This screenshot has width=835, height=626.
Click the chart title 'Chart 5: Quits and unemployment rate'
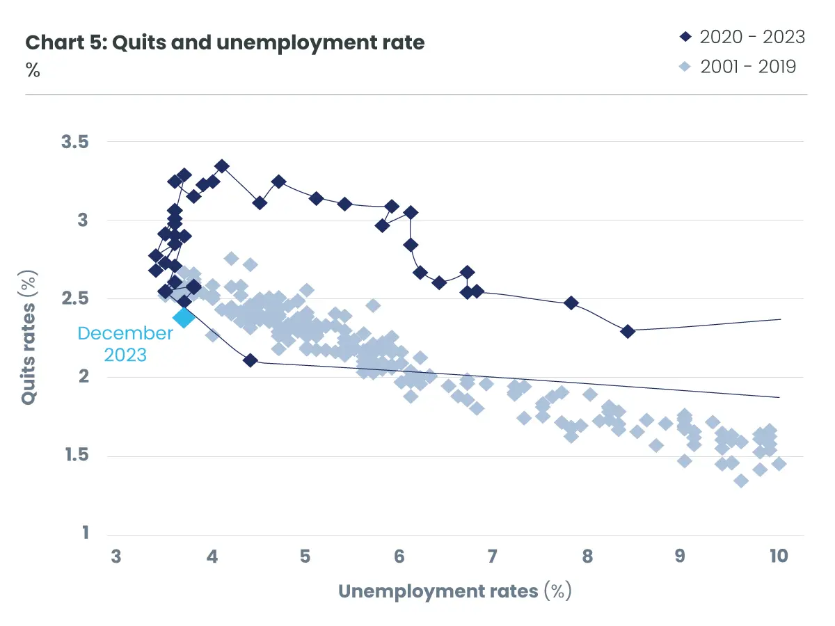tap(225, 42)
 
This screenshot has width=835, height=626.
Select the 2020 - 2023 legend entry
tap(742, 36)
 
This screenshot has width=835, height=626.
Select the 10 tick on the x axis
tap(778, 556)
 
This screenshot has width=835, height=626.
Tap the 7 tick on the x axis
tap(492, 556)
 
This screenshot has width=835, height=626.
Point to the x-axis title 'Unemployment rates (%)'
tap(454, 591)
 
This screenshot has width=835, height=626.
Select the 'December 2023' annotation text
tap(125, 344)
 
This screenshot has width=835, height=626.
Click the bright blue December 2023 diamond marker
tap(184, 318)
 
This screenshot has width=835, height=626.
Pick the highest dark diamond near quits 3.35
tap(222, 166)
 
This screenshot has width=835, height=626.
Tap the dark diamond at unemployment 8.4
tap(628, 331)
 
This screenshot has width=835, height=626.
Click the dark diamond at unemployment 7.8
tap(571, 303)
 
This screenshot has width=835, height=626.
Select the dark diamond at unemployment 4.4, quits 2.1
tap(250, 360)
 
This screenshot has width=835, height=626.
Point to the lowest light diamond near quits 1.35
tap(741, 481)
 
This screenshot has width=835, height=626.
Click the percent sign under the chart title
tap(33, 70)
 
